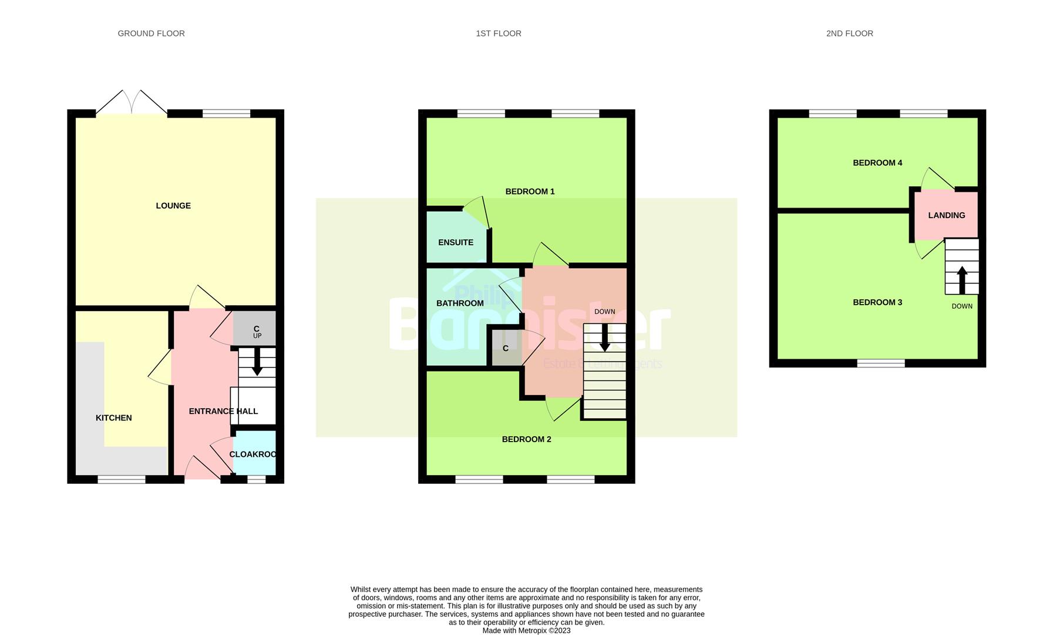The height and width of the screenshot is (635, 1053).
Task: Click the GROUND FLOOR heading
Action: [x=151, y=34]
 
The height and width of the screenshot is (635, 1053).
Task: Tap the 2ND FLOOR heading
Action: [x=849, y=34]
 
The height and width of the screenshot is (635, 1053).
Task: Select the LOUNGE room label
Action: [x=173, y=206]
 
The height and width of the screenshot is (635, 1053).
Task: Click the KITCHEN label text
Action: [x=113, y=418]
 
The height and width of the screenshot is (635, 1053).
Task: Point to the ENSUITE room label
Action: [x=455, y=242]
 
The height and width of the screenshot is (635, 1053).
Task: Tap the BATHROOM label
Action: [x=460, y=303]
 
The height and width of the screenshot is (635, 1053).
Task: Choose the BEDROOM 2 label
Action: [x=526, y=439]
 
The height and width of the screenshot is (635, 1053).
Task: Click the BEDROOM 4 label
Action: [x=877, y=163]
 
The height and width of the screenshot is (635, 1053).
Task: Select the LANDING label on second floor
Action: [x=946, y=215]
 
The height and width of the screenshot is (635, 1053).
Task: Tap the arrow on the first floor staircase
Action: [x=604, y=340]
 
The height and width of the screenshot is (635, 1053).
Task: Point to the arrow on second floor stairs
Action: [x=962, y=280]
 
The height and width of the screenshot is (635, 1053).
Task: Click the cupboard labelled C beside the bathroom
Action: [x=506, y=349]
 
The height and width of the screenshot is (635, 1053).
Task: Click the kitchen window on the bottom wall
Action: [x=122, y=480]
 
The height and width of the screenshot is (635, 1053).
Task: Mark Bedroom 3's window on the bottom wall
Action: [x=880, y=363]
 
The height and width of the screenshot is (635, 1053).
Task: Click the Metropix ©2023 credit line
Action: [x=526, y=630]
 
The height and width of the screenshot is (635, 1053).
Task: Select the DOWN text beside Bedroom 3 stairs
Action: [x=962, y=306]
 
